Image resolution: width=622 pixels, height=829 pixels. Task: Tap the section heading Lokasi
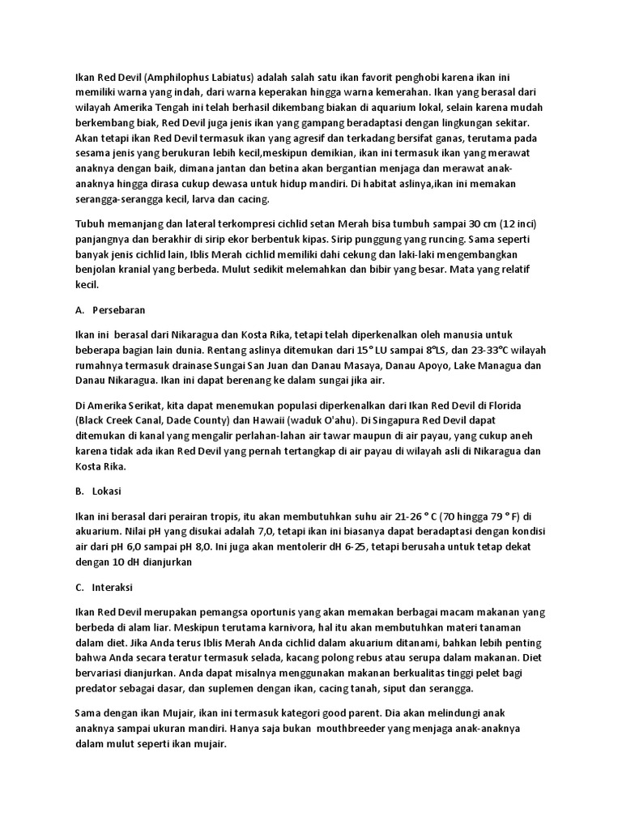point(109,491)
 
